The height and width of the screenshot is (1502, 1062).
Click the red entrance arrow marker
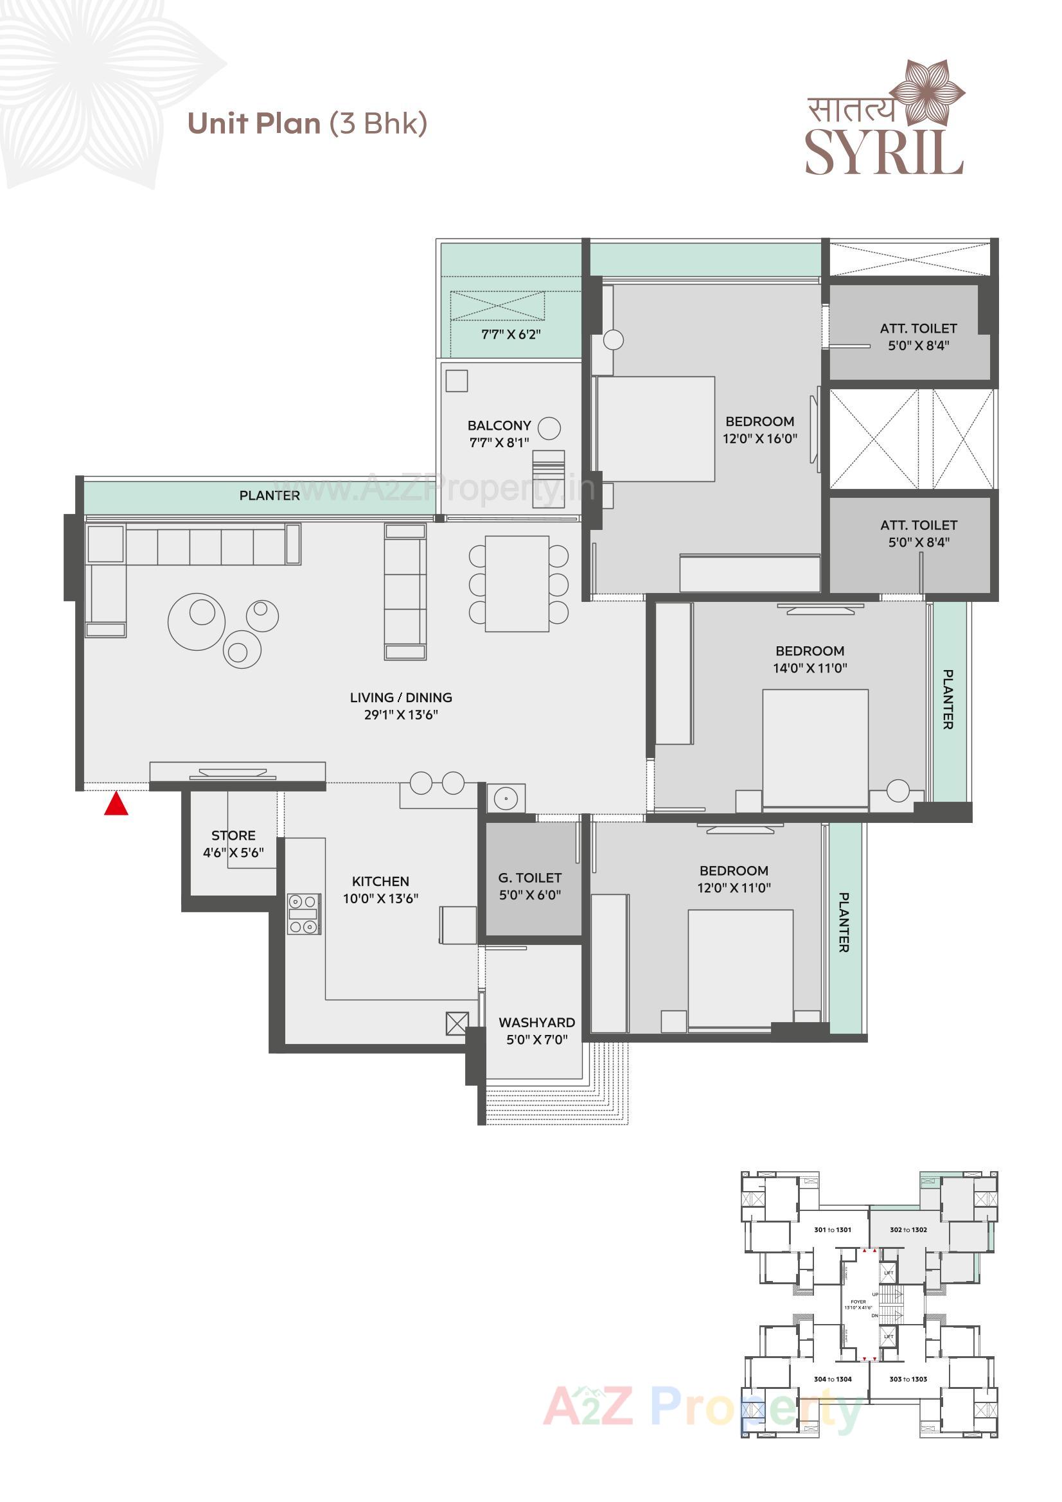click(116, 804)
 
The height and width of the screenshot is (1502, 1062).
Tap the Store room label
click(233, 835)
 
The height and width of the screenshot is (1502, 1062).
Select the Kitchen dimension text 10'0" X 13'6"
click(380, 899)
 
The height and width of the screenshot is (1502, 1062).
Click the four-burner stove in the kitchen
click(304, 914)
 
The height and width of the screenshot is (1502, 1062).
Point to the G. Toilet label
click(529, 878)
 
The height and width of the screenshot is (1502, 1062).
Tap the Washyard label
click(536, 1023)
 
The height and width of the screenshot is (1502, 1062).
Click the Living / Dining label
click(400, 698)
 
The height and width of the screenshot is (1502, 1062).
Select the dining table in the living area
click(517, 583)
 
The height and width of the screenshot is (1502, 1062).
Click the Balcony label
click(499, 425)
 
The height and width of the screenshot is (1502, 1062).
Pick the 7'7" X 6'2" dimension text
click(510, 334)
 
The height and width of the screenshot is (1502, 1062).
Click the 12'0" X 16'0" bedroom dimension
click(759, 439)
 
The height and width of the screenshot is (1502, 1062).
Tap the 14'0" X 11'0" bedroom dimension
click(810, 668)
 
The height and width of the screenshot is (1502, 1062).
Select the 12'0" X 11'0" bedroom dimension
click(734, 888)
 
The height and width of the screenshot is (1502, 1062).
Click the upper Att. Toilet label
click(917, 328)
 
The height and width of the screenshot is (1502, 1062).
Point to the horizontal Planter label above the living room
click(269, 495)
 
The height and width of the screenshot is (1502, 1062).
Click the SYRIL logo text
click(883, 152)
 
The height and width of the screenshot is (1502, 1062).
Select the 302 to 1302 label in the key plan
click(908, 1230)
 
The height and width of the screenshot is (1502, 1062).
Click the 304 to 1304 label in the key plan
click(833, 1379)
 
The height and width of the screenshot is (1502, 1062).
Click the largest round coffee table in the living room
click(197, 621)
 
